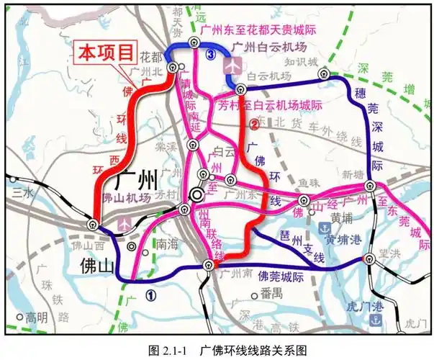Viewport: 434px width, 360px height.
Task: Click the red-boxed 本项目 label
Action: (107, 52)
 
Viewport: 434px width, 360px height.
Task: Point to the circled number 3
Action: (210, 54)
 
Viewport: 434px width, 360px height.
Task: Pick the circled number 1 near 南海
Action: (150, 294)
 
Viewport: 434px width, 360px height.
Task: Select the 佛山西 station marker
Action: (94, 225)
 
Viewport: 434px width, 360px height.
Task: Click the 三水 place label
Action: (22, 192)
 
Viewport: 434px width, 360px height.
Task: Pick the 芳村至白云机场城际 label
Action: (269, 104)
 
